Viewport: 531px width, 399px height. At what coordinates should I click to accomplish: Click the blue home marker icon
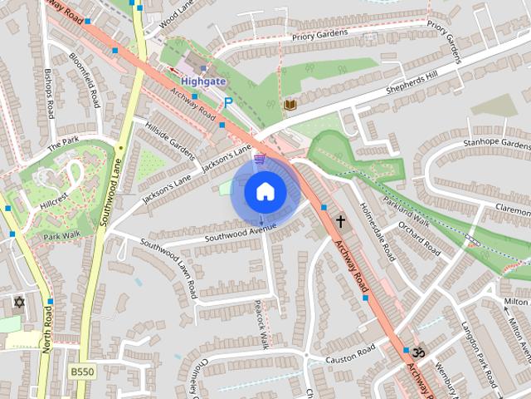point(265,192)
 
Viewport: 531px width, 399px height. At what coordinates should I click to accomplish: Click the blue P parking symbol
point(228,102)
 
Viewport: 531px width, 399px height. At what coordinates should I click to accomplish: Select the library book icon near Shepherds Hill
point(290,105)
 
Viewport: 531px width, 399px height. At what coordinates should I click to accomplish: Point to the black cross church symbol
point(340,221)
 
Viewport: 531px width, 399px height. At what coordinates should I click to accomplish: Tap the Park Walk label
point(63,235)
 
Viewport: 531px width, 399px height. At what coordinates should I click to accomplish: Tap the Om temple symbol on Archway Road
point(417,351)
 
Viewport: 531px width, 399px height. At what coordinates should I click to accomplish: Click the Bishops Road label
point(50,93)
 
